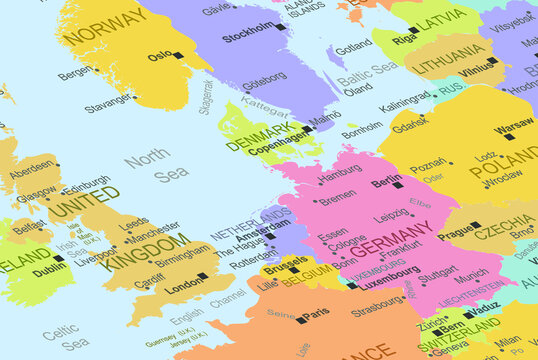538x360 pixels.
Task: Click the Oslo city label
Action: coord(159,57)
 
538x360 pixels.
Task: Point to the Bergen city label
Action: coord(73,73)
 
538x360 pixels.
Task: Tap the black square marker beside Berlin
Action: coord(398,185)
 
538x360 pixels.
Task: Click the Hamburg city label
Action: coord(340,171)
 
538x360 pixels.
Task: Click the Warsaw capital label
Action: coord(513,127)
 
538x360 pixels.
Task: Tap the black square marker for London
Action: coord(202,276)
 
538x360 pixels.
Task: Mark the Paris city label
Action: coord(315,313)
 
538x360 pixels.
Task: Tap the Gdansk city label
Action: coord(410,127)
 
